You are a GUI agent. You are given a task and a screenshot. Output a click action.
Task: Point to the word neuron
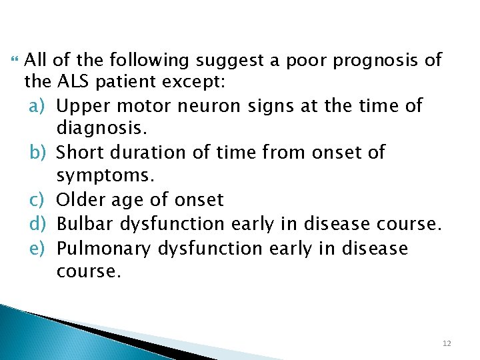tap(199, 107)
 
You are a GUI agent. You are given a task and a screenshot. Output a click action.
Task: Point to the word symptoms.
tap(105, 176)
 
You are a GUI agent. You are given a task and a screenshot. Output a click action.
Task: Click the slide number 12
tap(446, 343)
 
